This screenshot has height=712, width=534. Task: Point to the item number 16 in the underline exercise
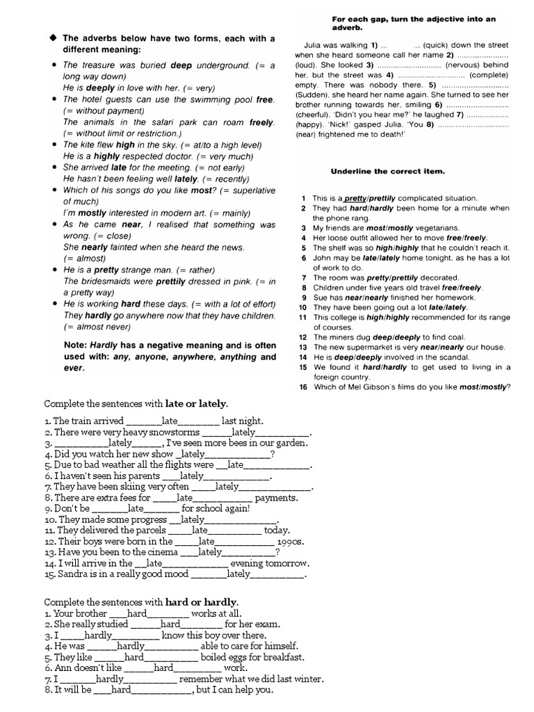[x=303, y=387]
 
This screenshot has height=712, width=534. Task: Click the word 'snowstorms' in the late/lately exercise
[x=173, y=432]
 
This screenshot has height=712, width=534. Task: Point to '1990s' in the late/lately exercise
[x=290, y=541]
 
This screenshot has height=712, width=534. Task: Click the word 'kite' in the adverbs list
[x=88, y=145]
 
